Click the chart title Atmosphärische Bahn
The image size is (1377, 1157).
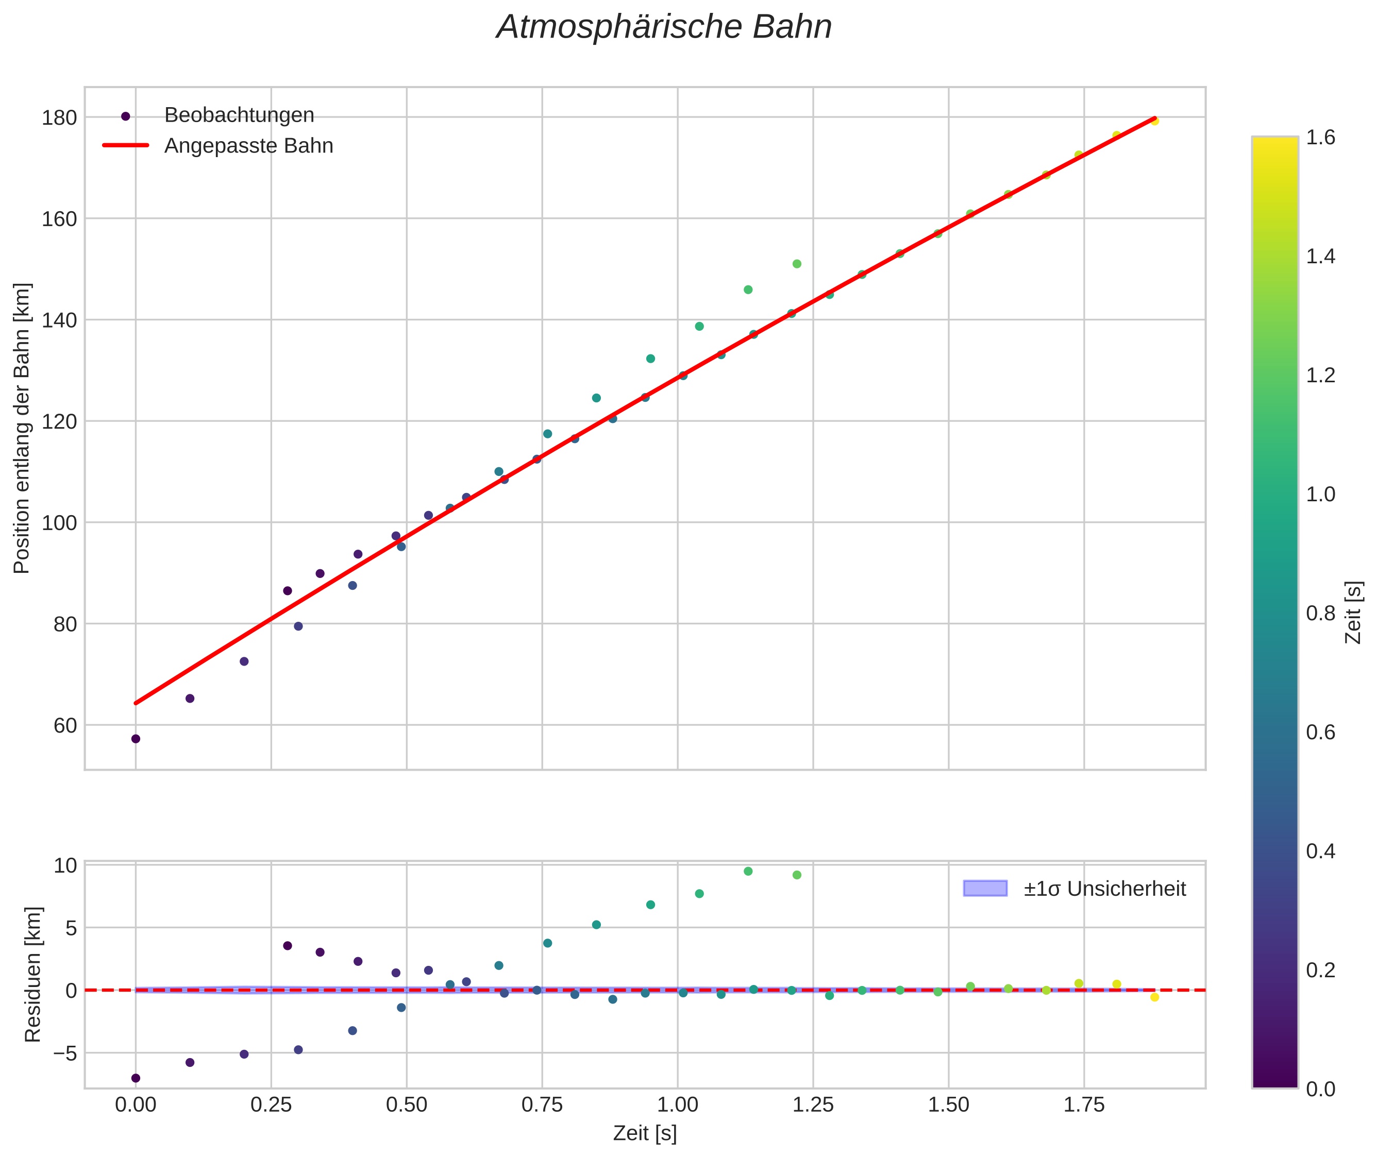point(664,27)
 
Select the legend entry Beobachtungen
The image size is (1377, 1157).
point(239,115)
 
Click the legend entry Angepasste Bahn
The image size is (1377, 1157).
point(248,146)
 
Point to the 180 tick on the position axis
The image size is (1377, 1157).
point(59,118)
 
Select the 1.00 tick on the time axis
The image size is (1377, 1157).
point(678,1104)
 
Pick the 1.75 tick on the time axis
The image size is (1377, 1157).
point(1084,1104)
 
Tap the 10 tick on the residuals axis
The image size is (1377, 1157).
point(65,866)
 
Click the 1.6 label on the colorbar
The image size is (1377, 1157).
point(1320,137)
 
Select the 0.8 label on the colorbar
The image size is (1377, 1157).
point(1320,613)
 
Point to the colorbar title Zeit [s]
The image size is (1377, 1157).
point(1354,612)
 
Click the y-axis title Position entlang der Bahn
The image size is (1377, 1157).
point(22,428)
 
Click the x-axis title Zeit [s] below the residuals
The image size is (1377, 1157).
point(645,1133)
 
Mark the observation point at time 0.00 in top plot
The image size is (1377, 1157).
point(136,739)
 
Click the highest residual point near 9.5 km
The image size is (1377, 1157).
point(748,871)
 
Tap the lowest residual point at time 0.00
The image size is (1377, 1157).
point(136,1078)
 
